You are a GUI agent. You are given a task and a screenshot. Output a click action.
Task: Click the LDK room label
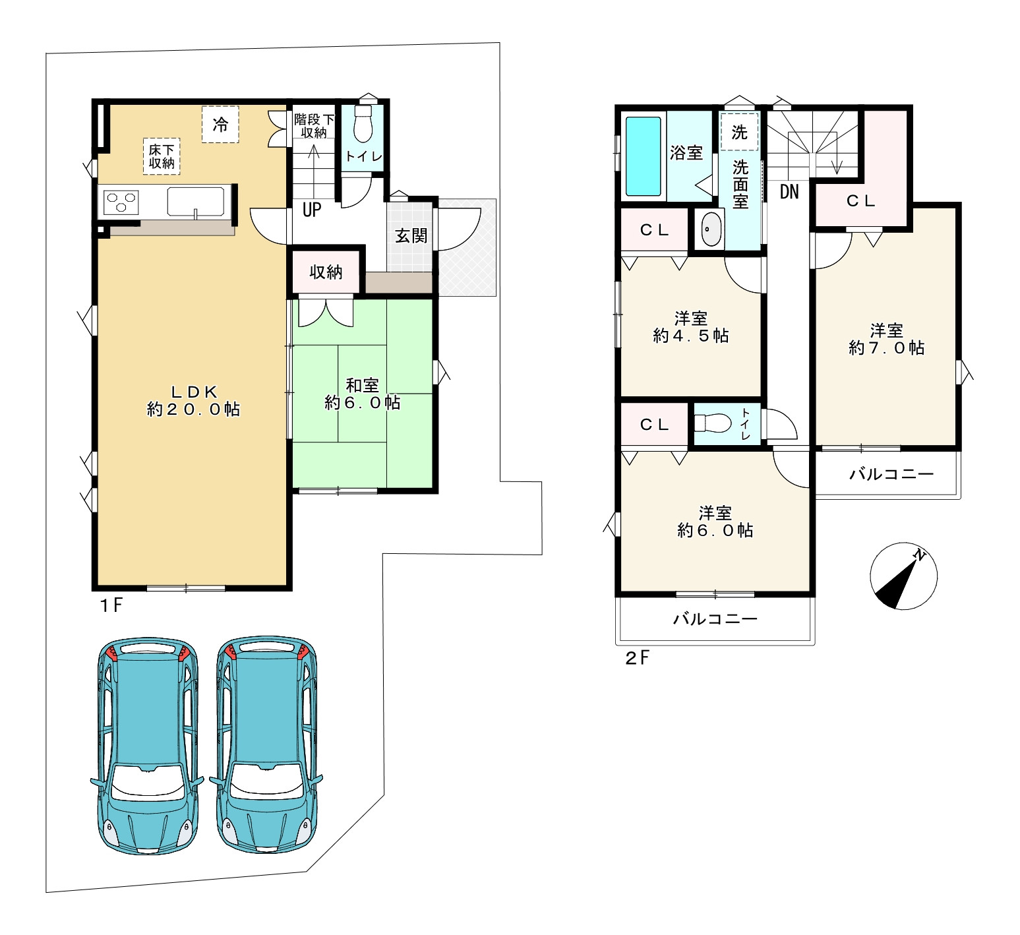click(x=193, y=400)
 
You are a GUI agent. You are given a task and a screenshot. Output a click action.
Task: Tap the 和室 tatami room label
click(x=362, y=394)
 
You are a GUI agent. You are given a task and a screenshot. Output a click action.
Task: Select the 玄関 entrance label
click(x=411, y=235)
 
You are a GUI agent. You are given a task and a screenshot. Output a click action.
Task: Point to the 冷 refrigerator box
click(x=220, y=124)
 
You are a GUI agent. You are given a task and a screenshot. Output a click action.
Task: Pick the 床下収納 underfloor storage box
click(x=162, y=156)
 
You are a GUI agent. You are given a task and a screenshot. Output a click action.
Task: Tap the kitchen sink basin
click(x=195, y=201)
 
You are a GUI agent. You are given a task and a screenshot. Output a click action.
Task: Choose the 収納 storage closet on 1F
click(x=326, y=271)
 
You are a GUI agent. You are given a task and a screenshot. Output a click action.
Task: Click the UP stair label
click(x=312, y=210)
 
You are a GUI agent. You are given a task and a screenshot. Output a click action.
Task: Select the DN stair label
click(x=789, y=192)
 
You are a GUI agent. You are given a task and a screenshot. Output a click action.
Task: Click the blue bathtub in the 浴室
click(x=643, y=156)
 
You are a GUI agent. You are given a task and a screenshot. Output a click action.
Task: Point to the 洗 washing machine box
click(x=739, y=132)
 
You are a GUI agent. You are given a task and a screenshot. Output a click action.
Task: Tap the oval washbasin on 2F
click(x=711, y=230)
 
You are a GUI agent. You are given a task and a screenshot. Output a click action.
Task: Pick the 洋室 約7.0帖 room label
click(x=886, y=339)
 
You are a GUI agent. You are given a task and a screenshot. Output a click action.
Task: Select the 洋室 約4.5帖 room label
click(x=691, y=327)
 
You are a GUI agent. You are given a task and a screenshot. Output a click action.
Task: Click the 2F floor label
click(x=638, y=657)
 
